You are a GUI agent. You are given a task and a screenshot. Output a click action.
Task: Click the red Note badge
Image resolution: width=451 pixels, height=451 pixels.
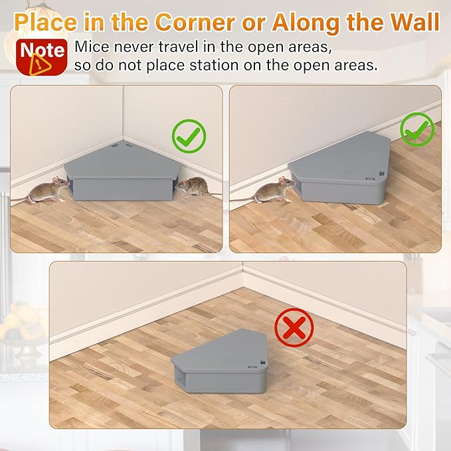(x=42, y=57)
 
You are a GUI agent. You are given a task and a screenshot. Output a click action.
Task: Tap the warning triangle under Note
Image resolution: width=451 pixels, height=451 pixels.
(x=40, y=65)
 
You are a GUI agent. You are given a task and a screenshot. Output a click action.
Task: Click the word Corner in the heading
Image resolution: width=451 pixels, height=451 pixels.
(x=195, y=22)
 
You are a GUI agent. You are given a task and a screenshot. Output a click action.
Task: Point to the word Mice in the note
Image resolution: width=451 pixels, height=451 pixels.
(x=92, y=47)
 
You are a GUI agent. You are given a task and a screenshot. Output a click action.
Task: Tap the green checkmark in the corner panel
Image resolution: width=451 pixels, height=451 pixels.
(x=189, y=136)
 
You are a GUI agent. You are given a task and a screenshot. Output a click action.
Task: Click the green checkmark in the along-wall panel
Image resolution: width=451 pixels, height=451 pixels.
(x=417, y=129)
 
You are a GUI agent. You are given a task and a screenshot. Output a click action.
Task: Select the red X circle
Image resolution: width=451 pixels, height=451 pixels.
(x=294, y=327)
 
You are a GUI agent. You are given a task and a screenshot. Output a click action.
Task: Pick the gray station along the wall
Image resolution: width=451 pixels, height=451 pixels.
(x=339, y=168)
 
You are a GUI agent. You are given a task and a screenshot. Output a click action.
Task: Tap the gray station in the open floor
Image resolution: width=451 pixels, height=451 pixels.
(x=220, y=361)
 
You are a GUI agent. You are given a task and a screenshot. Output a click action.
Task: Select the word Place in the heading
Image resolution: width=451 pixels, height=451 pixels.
(x=46, y=23)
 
